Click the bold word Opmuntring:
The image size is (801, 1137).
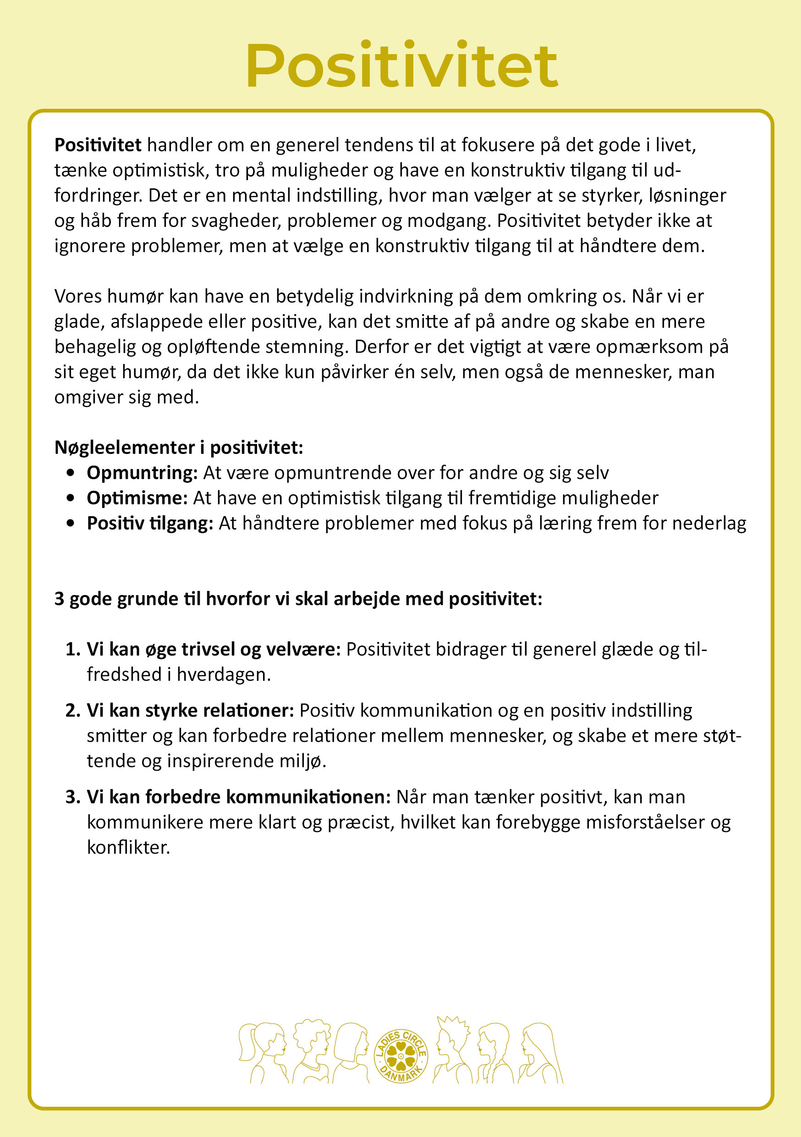pyautogui.click(x=142, y=473)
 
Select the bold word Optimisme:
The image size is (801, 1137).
pyautogui.click(x=137, y=498)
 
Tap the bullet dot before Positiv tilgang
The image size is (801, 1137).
pyautogui.click(x=71, y=523)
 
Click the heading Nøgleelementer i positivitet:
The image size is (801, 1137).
pyautogui.click(x=178, y=447)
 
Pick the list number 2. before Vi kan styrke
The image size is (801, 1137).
pyautogui.click(x=73, y=711)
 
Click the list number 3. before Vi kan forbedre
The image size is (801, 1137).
pyautogui.click(x=73, y=797)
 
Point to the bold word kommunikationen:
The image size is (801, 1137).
pyautogui.click(x=308, y=797)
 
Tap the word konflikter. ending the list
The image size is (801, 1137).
pyautogui.click(x=128, y=847)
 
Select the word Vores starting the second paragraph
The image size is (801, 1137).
pyautogui.click(x=78, y=296)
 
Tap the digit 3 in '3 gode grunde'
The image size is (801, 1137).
pyautogui.click(x=60, y=599)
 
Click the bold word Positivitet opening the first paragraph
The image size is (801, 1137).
pyautogui.click(x=98, y=145)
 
